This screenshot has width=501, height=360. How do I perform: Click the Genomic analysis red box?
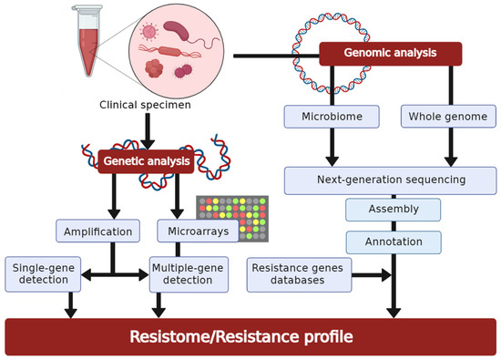[390, 54]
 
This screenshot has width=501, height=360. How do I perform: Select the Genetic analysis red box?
[147, 161]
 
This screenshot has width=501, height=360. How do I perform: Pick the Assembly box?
[393, 210]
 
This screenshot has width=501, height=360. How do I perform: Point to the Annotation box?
[393, 242]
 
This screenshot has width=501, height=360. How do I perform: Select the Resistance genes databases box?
[299, 275]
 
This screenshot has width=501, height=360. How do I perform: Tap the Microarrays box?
[198, 231]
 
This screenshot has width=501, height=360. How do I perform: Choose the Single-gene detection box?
[43, 274]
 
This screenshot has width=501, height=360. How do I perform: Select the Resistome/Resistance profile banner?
[250, 336]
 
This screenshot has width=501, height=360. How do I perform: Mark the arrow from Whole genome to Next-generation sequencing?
[448, 146]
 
